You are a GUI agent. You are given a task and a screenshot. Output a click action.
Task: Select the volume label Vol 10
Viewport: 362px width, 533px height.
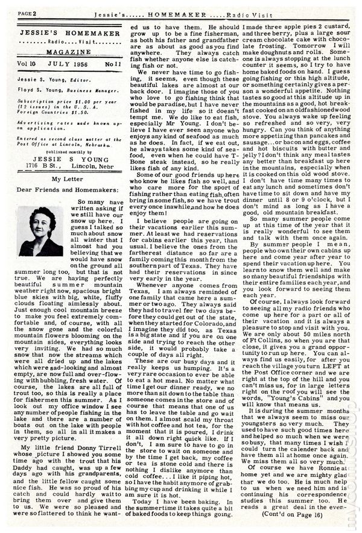28,63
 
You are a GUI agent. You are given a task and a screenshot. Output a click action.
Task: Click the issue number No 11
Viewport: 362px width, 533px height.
112,63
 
